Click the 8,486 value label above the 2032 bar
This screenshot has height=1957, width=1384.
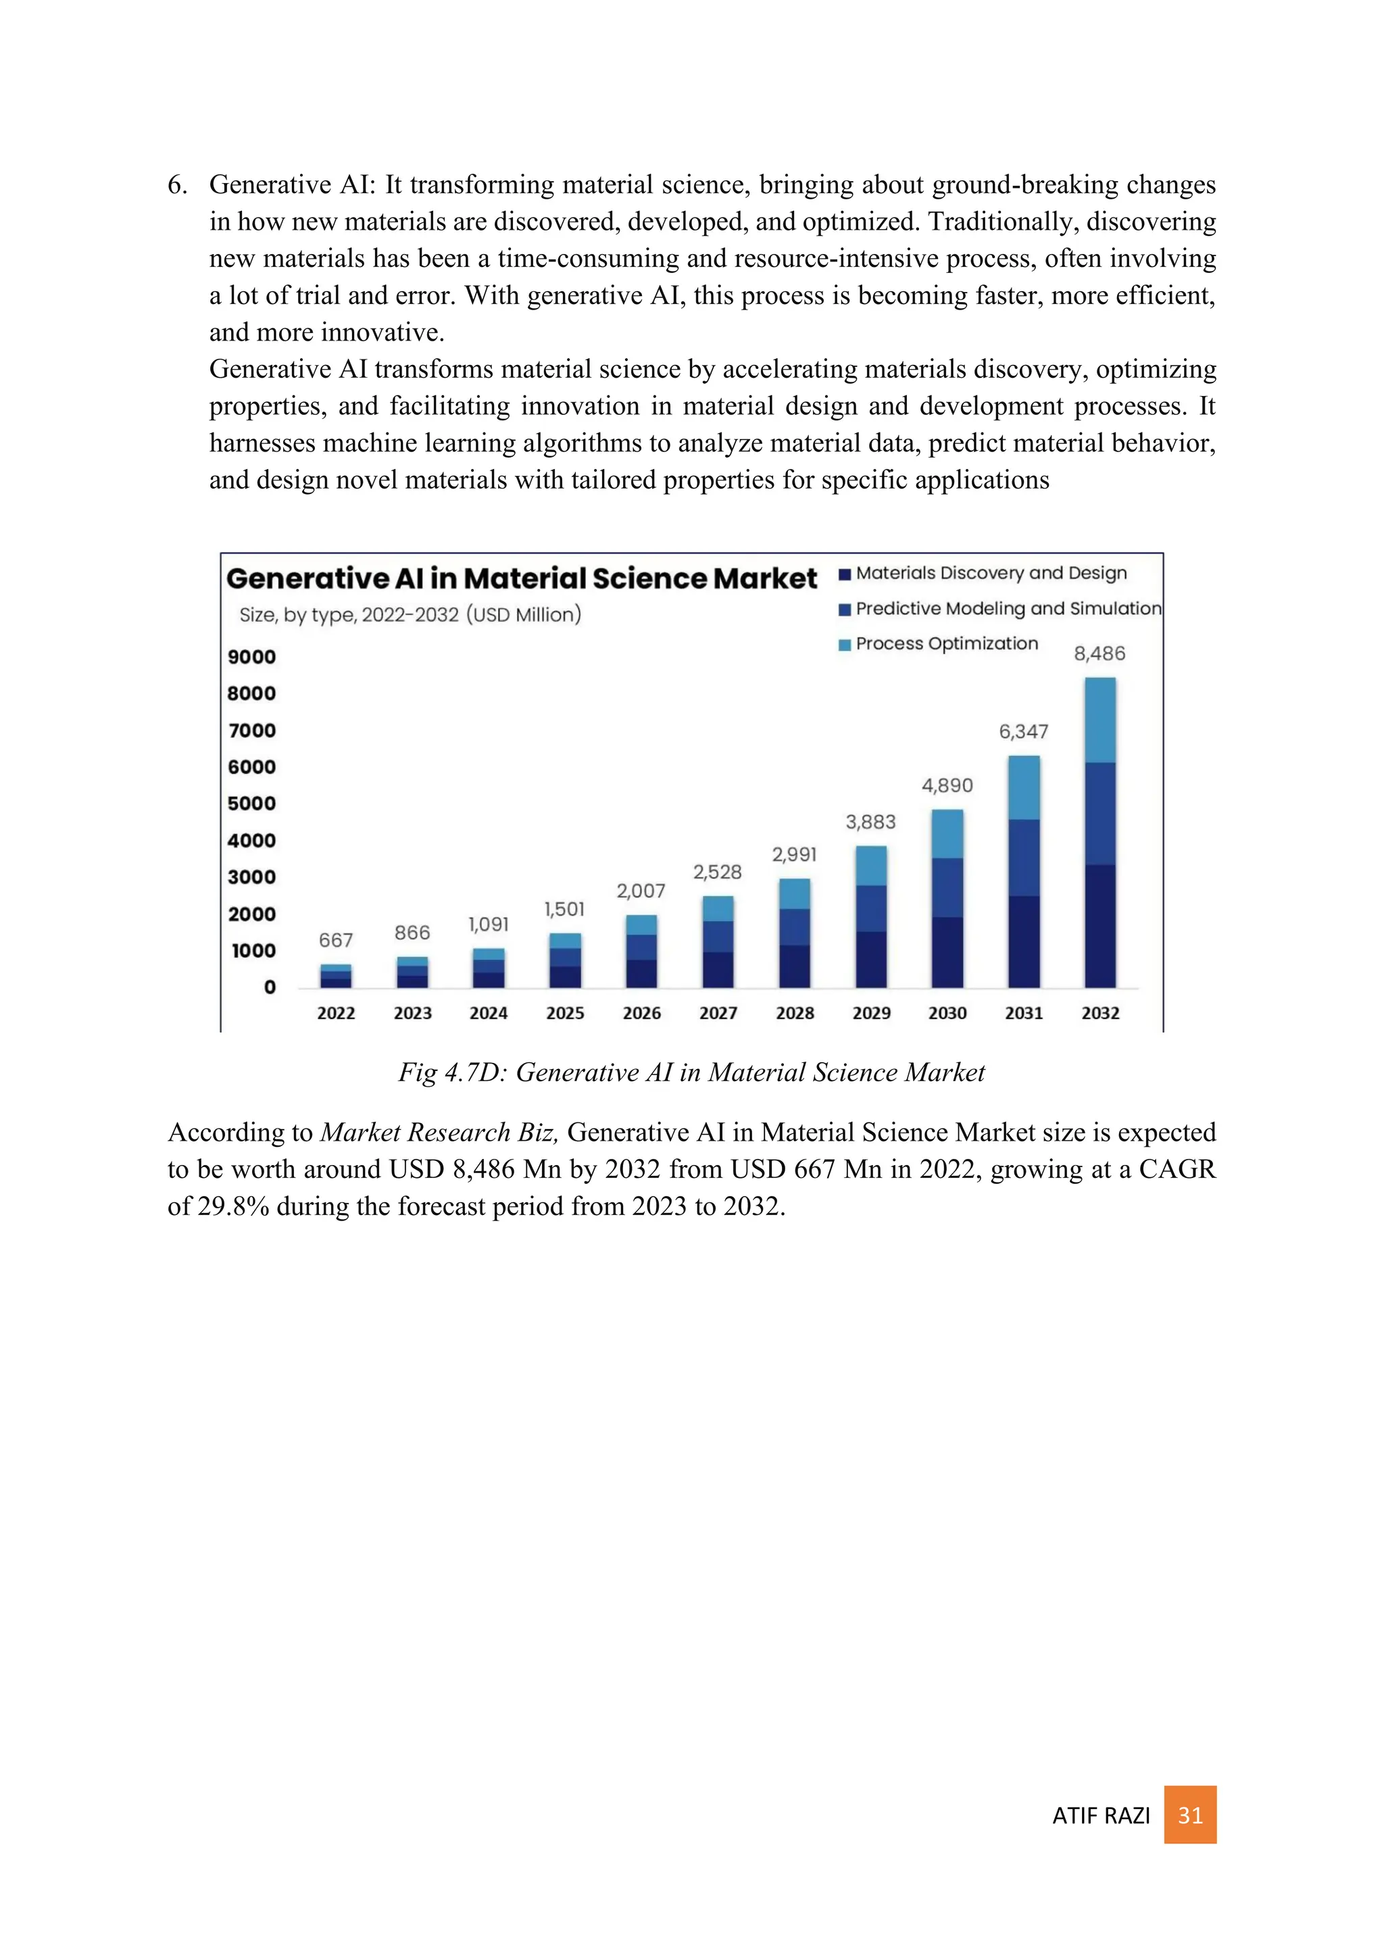point(1099,653)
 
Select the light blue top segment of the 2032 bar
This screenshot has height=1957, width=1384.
point(1100,720)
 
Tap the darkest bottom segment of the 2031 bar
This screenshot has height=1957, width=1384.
point(1024,941)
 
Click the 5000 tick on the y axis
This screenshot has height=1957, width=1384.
point(251,803)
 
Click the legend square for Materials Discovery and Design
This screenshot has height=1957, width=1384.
point(845,574)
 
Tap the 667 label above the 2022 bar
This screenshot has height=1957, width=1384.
point(336,940)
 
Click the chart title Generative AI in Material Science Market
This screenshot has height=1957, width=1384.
point(521,578)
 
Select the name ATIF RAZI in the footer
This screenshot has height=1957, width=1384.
point(1101,1816)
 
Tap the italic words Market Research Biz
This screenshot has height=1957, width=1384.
point(439,1132)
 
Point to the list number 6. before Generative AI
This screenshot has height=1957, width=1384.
point(177,185)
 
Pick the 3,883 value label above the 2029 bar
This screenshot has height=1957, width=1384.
point(870,822)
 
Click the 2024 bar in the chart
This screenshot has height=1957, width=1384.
point(489,968)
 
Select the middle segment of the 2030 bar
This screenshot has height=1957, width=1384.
point(947,887)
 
